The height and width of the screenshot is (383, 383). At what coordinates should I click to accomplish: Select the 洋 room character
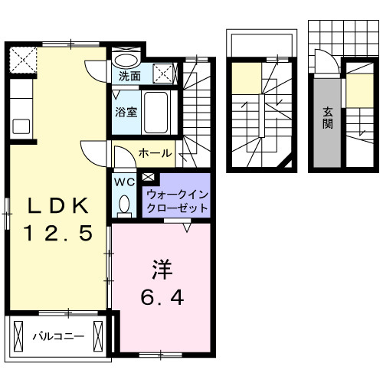[160, 270]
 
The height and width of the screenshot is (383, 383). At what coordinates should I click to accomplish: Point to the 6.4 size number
[160, 296]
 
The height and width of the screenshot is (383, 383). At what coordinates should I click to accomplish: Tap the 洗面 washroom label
[129, 77]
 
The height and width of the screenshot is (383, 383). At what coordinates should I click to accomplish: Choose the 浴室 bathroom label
[126, 112]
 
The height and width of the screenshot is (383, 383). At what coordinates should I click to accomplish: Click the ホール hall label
[154, 153]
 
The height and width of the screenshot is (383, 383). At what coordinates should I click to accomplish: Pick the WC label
[124, 182]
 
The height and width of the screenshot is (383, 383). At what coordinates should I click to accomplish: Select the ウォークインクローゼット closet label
[176, 201]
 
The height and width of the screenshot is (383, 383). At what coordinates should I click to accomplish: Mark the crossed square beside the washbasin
[163, 74]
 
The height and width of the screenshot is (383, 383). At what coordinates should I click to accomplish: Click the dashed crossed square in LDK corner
[22, 58]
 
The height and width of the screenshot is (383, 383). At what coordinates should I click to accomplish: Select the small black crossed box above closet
[147, 178]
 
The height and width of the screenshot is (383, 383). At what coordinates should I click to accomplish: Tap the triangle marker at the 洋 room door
[188, 226]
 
